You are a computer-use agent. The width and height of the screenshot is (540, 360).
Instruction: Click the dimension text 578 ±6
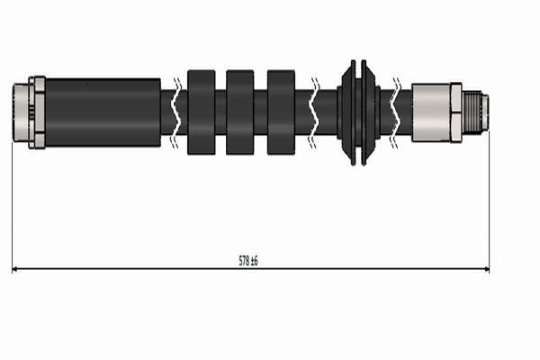pos(248,260)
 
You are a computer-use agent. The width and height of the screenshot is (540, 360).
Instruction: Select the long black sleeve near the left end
pos(103,112)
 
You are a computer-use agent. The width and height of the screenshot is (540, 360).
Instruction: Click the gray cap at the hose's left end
pos(21,112)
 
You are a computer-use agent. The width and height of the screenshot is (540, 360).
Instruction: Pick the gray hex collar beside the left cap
pos(37,112)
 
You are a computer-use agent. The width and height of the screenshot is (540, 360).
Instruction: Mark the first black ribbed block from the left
pos(202,112)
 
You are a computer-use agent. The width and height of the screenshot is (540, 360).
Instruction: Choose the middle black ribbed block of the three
pos(240,112)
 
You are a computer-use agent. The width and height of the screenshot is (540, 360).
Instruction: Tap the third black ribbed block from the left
pos(281,112)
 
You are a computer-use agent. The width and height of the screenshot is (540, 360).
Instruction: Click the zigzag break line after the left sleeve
pos(175,112)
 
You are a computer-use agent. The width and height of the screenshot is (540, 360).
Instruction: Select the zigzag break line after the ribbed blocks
pos(315,112)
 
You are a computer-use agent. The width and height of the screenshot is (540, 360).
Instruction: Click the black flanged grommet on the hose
pos(358,112)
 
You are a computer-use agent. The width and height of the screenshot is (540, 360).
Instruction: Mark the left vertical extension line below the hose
pos(13,207)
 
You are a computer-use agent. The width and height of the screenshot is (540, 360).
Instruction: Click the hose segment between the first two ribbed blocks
pos(220,112)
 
